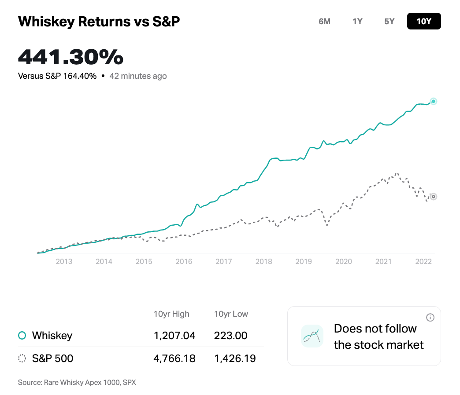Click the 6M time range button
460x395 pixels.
click(324, 21)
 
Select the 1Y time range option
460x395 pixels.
click(357, 21)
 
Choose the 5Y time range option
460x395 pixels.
click(390, 21)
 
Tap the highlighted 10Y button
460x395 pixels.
click(424, 21)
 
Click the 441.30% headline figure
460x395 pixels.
click(70, 57)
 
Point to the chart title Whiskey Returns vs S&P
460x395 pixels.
click(99, 22)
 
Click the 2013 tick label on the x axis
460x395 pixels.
click(64, 261)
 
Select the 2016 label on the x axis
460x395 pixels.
click(184, 261)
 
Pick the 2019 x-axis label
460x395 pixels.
click(304, 261)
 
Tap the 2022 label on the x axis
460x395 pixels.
click(423, 261)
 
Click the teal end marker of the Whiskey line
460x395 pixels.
click(433, 102)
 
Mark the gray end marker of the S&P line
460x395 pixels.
click(433, 197)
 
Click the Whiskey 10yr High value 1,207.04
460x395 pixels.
click(174, 336)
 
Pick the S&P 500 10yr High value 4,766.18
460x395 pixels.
click(174, 358)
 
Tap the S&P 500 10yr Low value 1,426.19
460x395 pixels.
click(235, 358)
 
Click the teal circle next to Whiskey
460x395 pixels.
click(22, 336)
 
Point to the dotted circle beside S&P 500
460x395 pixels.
click(22, 358)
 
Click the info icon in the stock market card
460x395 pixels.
click(430, 318)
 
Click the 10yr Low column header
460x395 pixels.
click(231, 314)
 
